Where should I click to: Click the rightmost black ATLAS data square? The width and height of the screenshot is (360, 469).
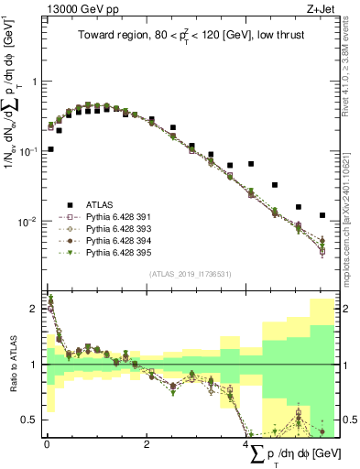(x=322, y=215)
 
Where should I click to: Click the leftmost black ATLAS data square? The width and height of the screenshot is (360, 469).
(x=50, y=148)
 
